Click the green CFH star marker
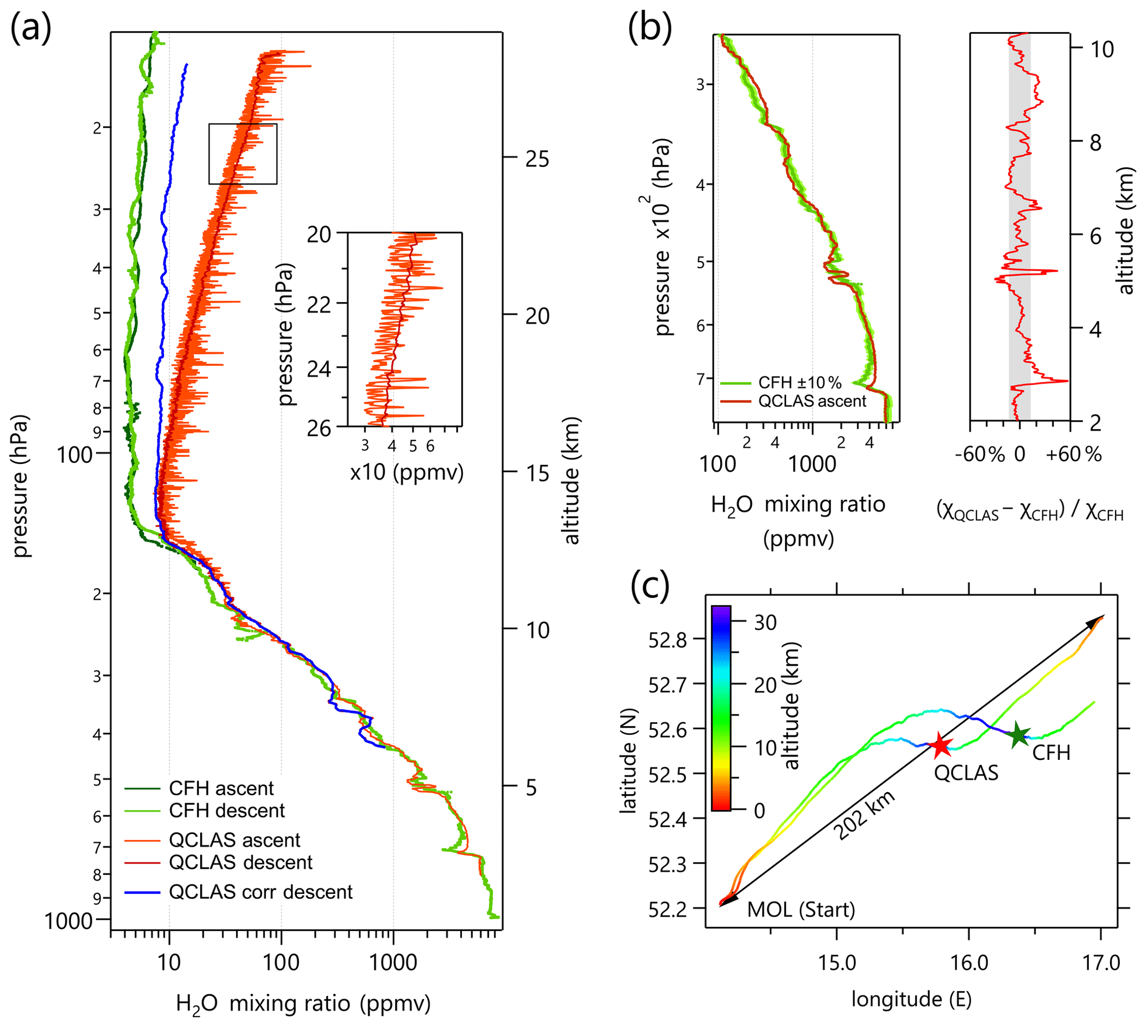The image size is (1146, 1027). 1019,735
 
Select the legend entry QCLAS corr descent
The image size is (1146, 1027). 260,892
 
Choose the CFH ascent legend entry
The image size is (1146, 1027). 221,788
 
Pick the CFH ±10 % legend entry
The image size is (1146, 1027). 799,382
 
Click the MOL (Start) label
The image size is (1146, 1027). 801,910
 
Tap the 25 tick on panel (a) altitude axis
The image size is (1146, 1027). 537,159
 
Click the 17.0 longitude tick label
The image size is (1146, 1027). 1102,963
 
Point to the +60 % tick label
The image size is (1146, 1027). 1073,454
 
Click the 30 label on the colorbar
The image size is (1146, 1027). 765,622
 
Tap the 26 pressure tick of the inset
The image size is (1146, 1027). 319,429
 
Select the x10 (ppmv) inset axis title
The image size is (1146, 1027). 406,472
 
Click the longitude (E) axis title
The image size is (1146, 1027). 911,999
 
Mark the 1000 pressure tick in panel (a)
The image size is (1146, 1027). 69,921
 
